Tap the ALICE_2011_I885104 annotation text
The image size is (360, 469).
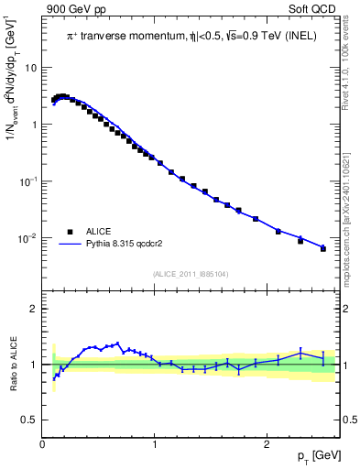(190, 272)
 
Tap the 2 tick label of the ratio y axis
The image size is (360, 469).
(35, 310)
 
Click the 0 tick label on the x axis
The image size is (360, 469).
(43, 445)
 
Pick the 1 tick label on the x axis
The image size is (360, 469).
(156, 445)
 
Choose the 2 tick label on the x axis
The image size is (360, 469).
(267, 445)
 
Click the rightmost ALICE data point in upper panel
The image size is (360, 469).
(322, 248)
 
